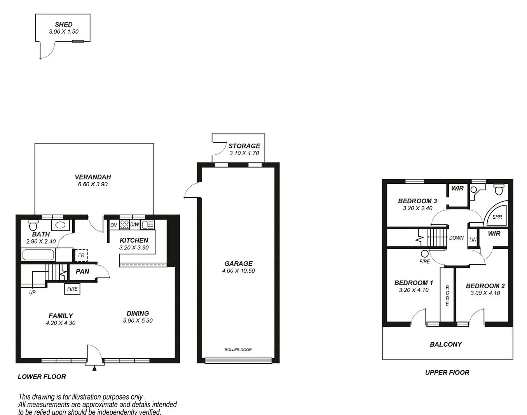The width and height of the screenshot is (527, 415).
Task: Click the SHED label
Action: [63, 24]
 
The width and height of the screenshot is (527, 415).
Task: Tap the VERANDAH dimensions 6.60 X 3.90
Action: [93, 184]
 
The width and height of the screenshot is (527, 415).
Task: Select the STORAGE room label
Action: [244, 146]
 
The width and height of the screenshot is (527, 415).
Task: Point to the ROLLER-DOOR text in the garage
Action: [238, 350]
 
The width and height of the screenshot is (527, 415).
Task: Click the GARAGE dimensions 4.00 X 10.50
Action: [238, 271]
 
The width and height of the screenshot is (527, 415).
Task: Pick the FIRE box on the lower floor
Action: [72, 289]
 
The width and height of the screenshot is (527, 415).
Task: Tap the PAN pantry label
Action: [82, 271]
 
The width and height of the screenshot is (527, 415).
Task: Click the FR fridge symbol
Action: [81, 255]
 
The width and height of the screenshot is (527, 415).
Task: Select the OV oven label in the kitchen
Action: [113, 225]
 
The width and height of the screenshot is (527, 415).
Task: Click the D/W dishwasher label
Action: [134, 225]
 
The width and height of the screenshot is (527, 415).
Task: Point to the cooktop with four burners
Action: [124, 225]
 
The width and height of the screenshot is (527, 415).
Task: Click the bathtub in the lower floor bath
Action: [38, 255]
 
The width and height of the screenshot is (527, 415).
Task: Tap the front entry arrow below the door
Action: [94, 368]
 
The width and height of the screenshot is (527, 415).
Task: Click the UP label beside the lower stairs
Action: [32, 292]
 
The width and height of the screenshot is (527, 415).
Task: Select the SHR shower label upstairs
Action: [497, 217]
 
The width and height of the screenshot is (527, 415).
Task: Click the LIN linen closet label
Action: [473, 240]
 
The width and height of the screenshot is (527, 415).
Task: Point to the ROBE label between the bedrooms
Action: [447, 296]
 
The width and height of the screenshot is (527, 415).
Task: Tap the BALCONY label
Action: [446, 344]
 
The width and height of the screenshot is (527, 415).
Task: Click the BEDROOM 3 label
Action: [417, 201]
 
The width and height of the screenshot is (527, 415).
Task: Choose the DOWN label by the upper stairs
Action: [456, 238]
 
